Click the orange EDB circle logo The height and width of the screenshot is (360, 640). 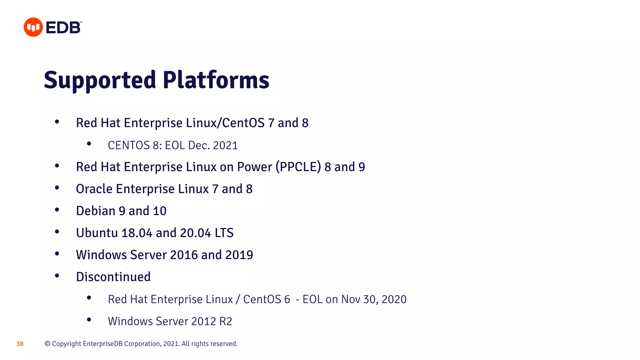click(x=33, y=27)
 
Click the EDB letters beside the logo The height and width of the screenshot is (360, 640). click(x=63, y=28)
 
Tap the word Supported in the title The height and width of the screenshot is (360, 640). click(x=100, y=80)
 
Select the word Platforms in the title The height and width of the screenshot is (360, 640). click(x=216, y=80)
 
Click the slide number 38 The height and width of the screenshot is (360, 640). click(x=20, y=344)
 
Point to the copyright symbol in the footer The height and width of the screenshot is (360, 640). click(x=47, y=344)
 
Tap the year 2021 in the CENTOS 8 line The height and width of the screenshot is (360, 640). click(x=225, y=146)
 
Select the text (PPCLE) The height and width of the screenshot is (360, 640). click(x=298, y=167)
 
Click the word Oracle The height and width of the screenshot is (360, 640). click(x=94, y=189)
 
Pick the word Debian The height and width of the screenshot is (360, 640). click(x=96, y=211)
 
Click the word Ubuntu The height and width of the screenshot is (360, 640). click(x=97, y=233)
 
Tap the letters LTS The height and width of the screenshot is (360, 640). click(x=224, y=233)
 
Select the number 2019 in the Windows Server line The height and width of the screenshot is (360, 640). click(x=239, y=255)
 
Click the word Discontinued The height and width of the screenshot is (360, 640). click(x=113, y=277)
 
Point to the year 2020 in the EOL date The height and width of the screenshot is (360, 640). click(x=394, y=299)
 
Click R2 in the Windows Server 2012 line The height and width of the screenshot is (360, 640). click(x=226, y=321)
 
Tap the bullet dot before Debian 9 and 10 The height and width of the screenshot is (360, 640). click(x=57, y=210)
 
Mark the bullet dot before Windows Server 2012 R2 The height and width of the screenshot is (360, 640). click(x=89, y=320)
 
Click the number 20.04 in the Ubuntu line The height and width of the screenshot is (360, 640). click(x=195, y=233)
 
